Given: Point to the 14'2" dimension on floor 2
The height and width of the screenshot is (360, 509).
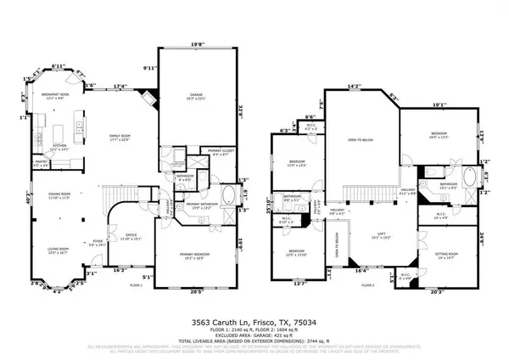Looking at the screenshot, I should click(x=355, y=85).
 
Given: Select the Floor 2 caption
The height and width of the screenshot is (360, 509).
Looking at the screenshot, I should click(x=366, y=286).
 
